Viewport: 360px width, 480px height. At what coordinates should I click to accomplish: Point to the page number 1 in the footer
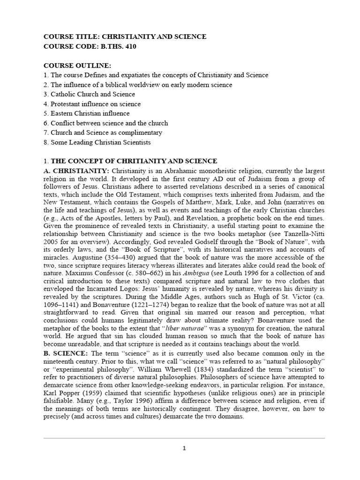point(184,448)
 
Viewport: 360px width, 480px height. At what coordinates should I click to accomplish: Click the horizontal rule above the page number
point(184,438)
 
